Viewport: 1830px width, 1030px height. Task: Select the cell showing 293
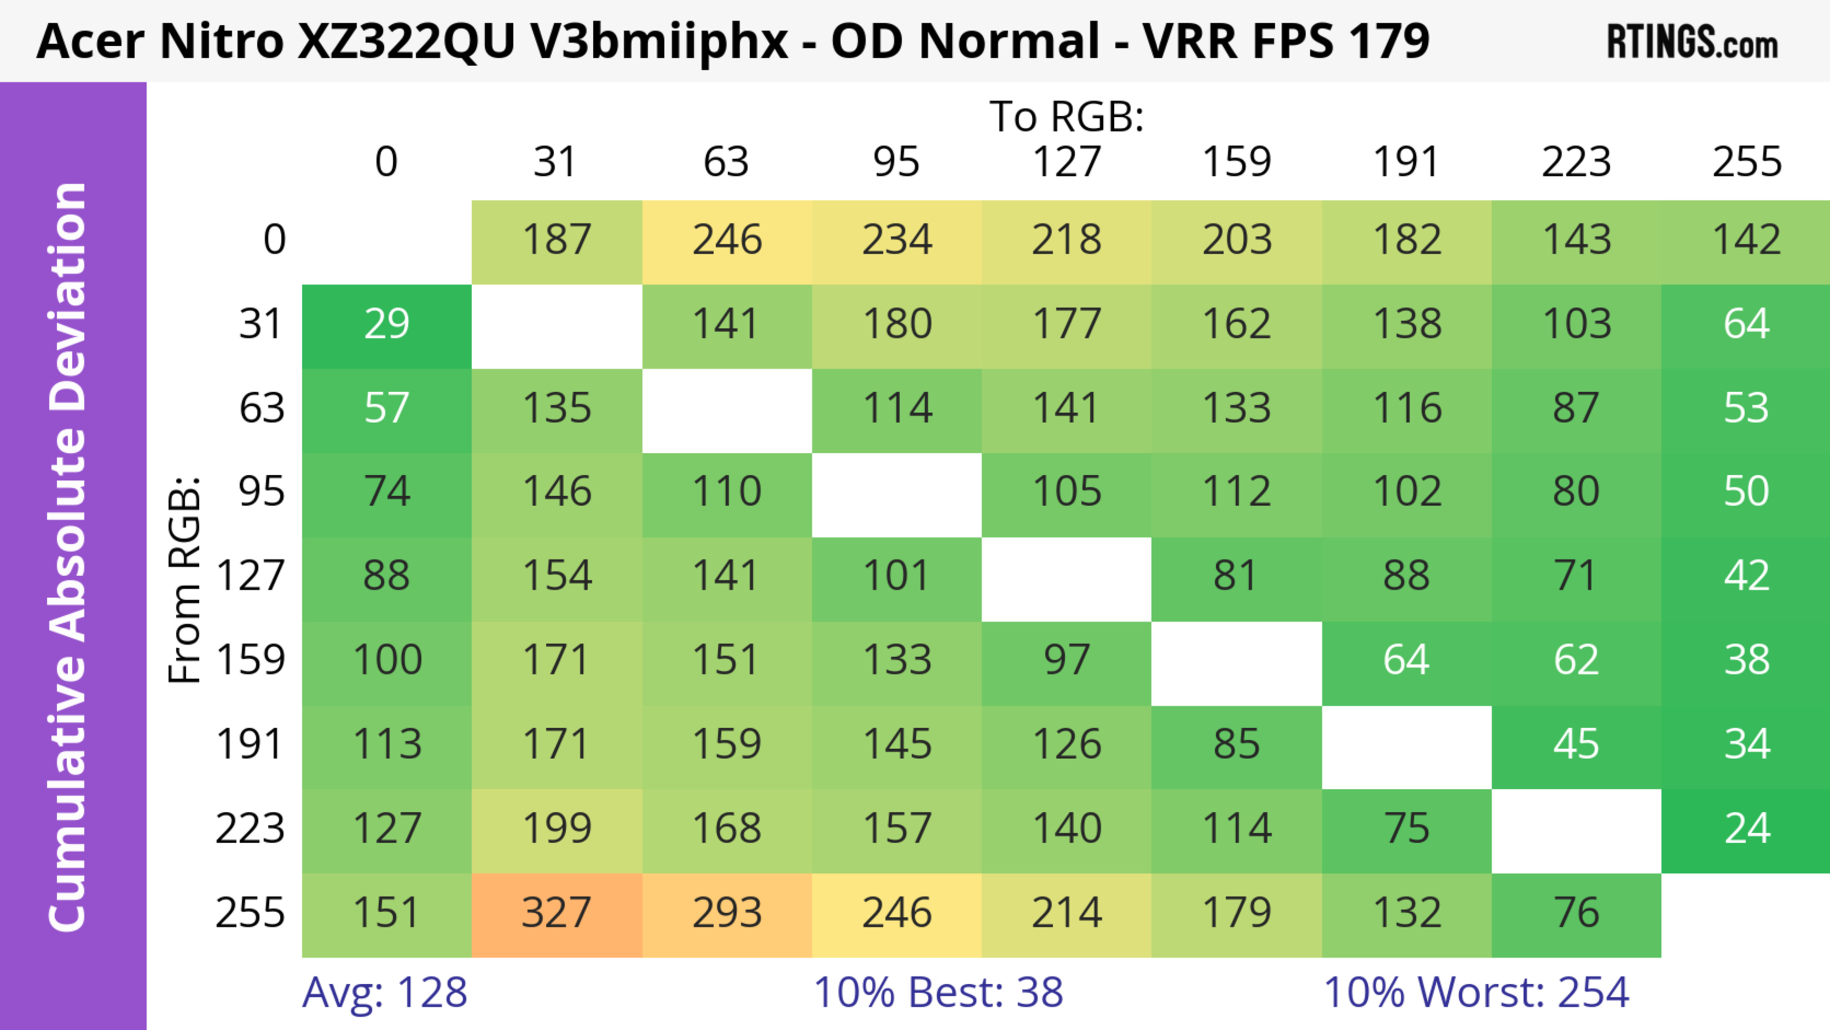[x=727, y=914]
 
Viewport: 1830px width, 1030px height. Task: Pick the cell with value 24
[x=1746, y=830]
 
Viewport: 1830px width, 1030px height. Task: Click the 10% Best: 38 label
[x=938, y=992]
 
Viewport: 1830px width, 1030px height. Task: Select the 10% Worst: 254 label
[x=1476, y=992]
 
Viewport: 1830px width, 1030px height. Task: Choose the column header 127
[x=1067, y=162]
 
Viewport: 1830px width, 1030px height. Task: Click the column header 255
[x=1746, y=162]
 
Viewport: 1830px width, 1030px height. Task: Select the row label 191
[x=250, y=745]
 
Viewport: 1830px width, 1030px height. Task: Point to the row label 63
[x=262, y=409]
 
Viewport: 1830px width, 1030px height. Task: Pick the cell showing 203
[x=1236, y=240]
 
